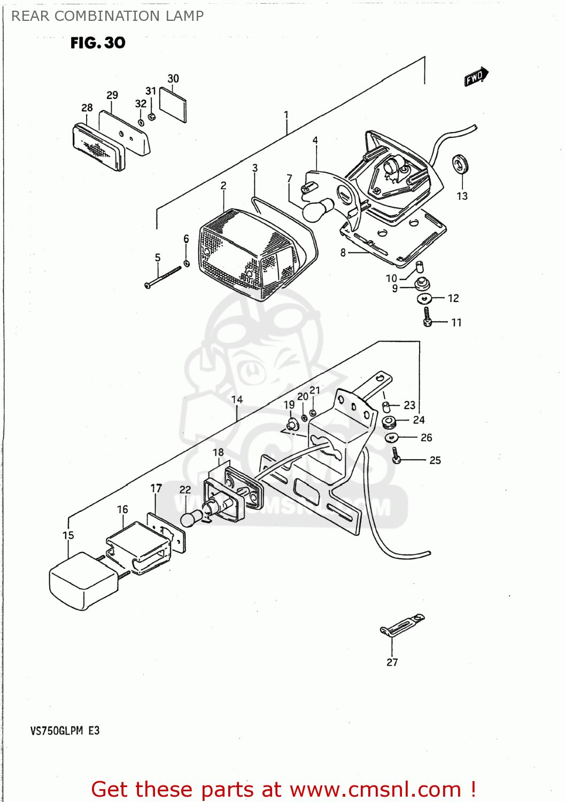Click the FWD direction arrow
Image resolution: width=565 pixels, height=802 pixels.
point(476,76)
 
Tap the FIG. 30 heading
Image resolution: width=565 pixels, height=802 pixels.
point(98,43)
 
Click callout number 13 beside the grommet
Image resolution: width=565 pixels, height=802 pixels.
point(462,196)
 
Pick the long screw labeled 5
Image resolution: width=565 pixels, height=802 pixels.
point(162,277)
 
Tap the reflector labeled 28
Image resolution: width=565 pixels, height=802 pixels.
point(98,148)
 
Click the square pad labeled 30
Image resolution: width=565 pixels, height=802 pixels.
point(173,105)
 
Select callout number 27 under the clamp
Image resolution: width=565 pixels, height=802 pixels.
point(392,662)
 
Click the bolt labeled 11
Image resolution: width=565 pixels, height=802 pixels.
point(427,317)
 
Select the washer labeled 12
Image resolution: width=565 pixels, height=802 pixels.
point(424,298)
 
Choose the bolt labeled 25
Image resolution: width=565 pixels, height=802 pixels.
point(396,456)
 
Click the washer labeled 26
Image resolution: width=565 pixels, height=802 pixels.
point(392,438)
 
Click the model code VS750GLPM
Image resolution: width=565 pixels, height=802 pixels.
point(57,731)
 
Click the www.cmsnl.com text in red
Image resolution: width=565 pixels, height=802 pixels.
point(375,789)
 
